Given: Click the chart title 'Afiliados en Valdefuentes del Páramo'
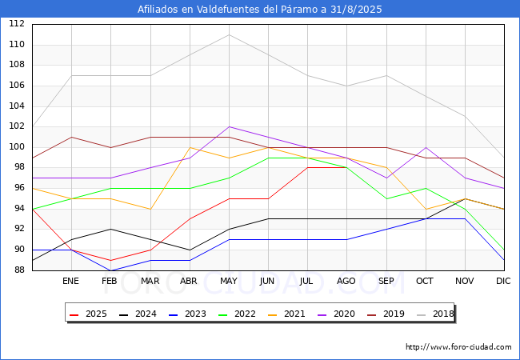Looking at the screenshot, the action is pyautogui.click(x=228, y=9).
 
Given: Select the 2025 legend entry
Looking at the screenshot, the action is pyautogui.click(x=88, y=314).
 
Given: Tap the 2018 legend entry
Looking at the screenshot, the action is pyautogui.click(x=435, y=314).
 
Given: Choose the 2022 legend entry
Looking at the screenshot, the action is pyautogui.click(x=237, y=314).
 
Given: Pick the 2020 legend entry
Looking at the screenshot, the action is pyautogui.click(x=336, y=314).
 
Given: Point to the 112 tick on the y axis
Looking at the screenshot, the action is pyautogui.click(x=17, y=23).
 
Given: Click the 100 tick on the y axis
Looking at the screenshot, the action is pyautogui.click(x=17, y=146).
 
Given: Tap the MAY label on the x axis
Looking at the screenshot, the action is pyautogui.click(x=229, y=281).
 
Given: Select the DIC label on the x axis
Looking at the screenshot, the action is pyautogui.click(x=503, y=281).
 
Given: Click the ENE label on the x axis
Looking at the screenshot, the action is pyautogui.click(x=70, y=281).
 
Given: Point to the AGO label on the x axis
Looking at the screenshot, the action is pyautogui.click(x=346, y=281).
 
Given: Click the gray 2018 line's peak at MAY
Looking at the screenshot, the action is pyautogui.click(x=229, y=34).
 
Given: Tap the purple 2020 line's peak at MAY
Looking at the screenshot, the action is pyautogui.click(x=229, y=126).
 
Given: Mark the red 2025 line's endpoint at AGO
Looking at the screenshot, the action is pyautogui.click(x=347, y=167).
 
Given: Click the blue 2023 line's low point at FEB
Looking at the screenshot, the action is pyautogui.click(x=110, y=270).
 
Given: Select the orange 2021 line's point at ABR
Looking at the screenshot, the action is pyautogui.click(x=190, y=147).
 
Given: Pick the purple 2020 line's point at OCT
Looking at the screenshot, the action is pyautogui.click(x=426, y=147).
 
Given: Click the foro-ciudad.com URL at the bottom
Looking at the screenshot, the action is pyautogui.click(x=458, y=347).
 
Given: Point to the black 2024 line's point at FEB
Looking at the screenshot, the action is pyautogui.click(x=110, y=229).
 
